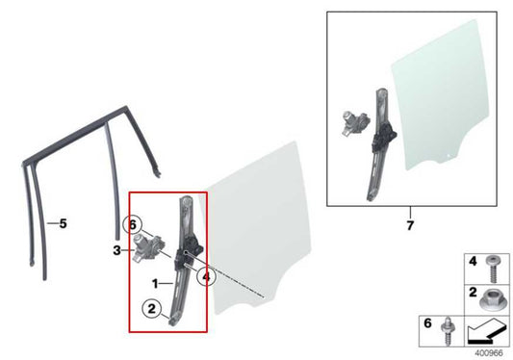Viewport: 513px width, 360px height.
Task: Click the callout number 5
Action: click(x=62, y=224)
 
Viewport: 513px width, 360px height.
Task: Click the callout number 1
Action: click(x=155, y=284)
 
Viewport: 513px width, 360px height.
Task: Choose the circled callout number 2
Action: click(x=151, y=309)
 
